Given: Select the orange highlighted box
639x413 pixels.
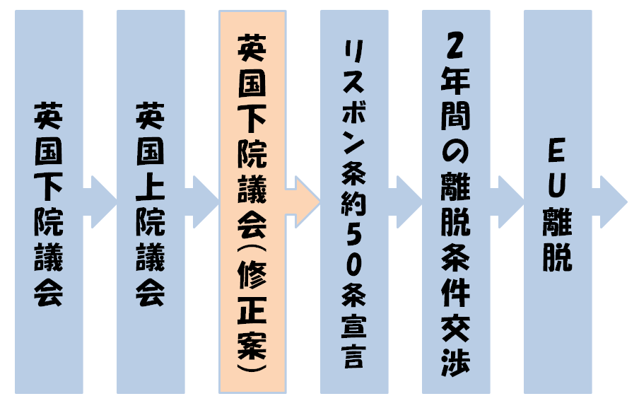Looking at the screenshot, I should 252,202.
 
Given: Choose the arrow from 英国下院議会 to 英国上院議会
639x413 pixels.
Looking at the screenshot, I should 100,201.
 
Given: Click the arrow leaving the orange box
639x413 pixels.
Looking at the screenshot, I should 304,201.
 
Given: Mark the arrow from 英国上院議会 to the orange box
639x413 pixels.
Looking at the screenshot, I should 202,201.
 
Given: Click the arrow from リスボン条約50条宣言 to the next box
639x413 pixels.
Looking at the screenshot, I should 406,201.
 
